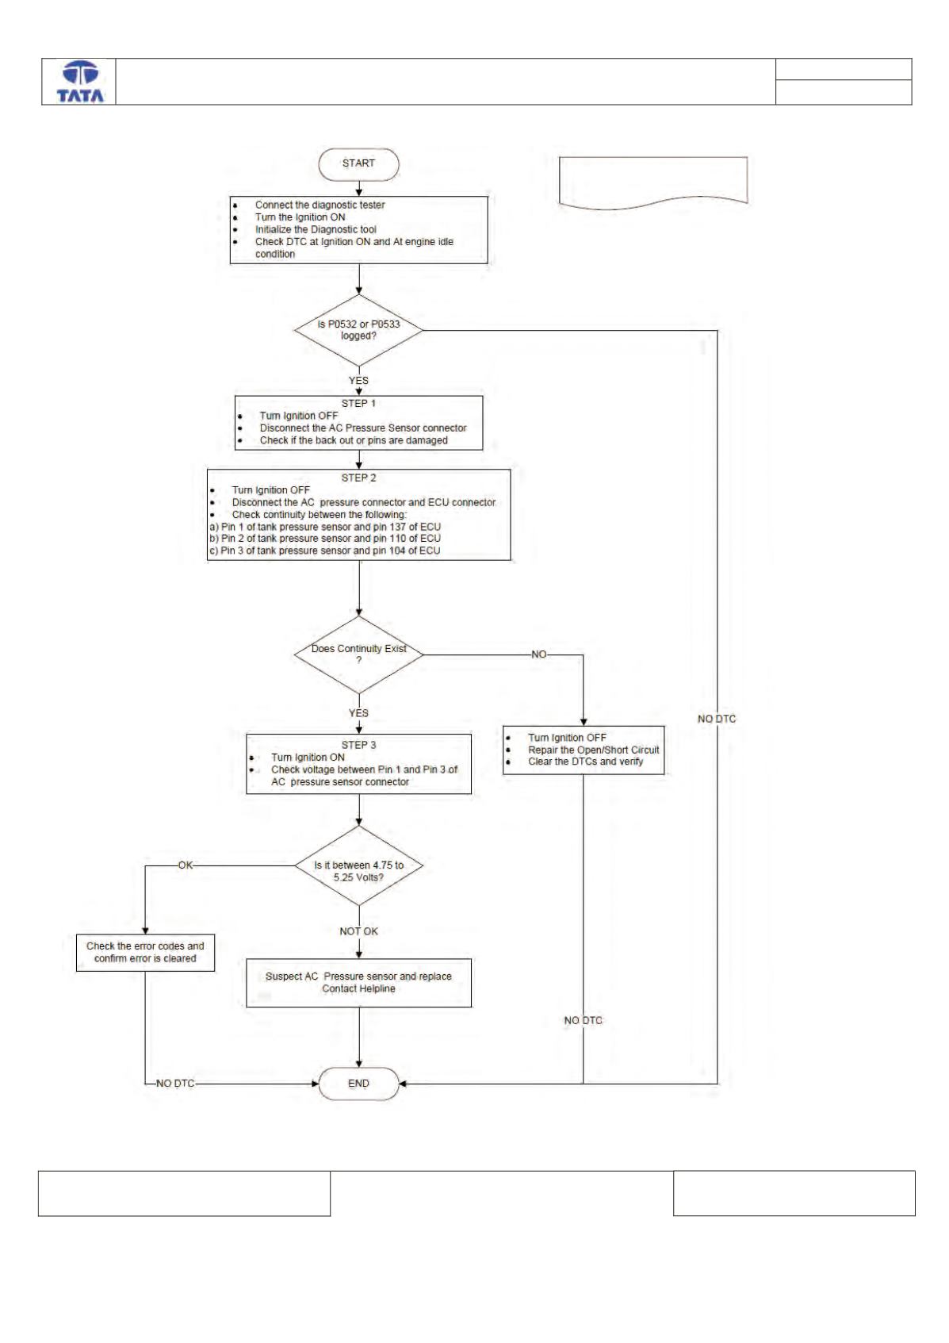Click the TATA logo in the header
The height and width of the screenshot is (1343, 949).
(x=80, y=82)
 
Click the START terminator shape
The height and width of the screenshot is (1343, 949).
(x=358, y=163)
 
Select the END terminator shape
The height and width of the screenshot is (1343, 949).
(x=358, y=1084)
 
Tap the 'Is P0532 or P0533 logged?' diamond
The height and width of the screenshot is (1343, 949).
(x=358, y=330)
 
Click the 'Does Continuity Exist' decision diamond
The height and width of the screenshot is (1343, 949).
(x=358, y=654)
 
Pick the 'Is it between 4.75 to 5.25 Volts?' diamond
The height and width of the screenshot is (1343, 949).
(x=358, y=865)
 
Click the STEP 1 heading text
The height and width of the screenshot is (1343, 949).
(x=358, y=404)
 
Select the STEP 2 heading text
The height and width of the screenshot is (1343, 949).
(x=358, y=478)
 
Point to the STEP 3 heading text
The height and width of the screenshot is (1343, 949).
(x=358, y=745)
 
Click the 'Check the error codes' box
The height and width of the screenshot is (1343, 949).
(x=145, y=952)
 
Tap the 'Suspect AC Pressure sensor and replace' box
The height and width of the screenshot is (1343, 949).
(x=358, y=983)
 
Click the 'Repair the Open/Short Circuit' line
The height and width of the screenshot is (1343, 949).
(x=593, y=750)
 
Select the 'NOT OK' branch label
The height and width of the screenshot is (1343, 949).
(x=358, y=931)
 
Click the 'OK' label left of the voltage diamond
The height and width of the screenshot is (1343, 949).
(x=186, y=865)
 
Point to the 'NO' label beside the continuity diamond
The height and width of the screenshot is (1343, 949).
(x=538, y=654)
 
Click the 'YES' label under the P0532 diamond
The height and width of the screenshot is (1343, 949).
(x=358, y=381)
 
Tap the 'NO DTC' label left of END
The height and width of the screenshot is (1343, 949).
(x=175, y=1084)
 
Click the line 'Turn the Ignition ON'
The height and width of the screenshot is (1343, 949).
(x=300, y=217)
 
